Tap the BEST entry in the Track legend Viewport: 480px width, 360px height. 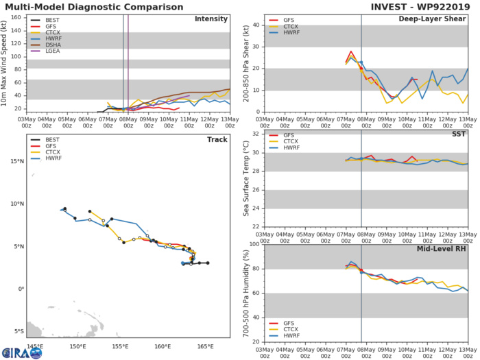pyautogui.click(x=47, y=141)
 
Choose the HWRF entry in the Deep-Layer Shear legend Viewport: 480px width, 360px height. pyautogui.click(x=283, y=36)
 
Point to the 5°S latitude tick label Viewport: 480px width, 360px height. pyautogui.click(x=17, y=331)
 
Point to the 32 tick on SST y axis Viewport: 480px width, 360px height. pyautogui.click(x=255, y=134)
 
